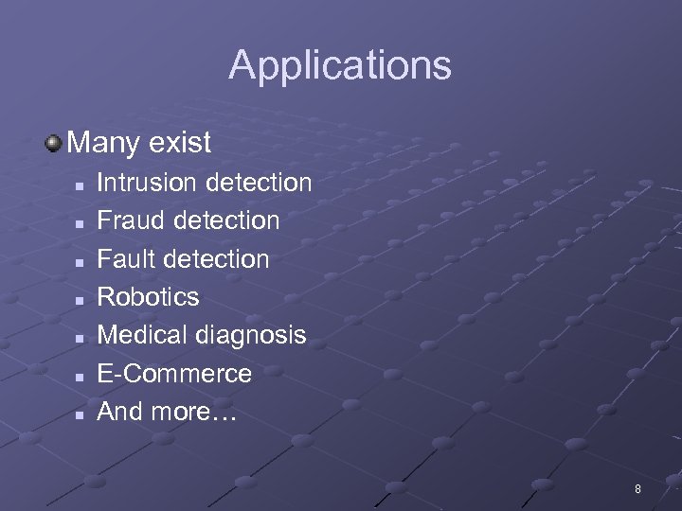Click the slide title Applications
pos(340,66)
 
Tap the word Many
pos(103,144)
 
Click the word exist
pos(179,144)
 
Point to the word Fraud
pos(128,220)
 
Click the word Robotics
pos(149,297)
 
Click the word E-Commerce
pos(174,374)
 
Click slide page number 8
pos(637,489)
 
